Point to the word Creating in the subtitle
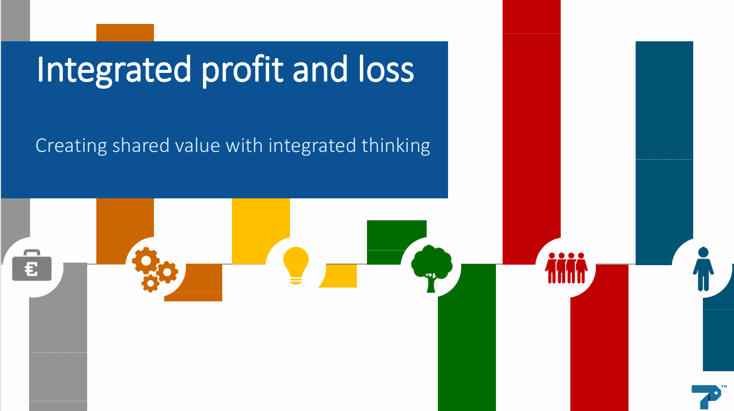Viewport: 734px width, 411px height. pyautogui.click(x=71, y=146)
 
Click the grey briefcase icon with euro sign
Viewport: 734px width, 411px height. pyautogui.click(x=32, y=265)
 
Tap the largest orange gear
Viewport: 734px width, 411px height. pyautogui.click(x=146, y=261)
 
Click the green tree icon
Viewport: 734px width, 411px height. pyautogui.click(x=432, y=269)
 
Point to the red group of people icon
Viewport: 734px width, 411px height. pyautogui.click(x=566, y=268)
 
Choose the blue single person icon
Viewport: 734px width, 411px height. pyautogui.click(x=703, y=269)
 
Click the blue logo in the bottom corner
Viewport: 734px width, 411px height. pyautogui.click(x=708, y=397)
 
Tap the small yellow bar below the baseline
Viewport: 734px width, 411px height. pyautogui.click(x=341, y=276)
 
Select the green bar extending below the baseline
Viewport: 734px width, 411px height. pyautogui.click(x=467, y=338)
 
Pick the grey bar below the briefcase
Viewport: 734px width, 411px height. pyautogui.click(x=58, y=338)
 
